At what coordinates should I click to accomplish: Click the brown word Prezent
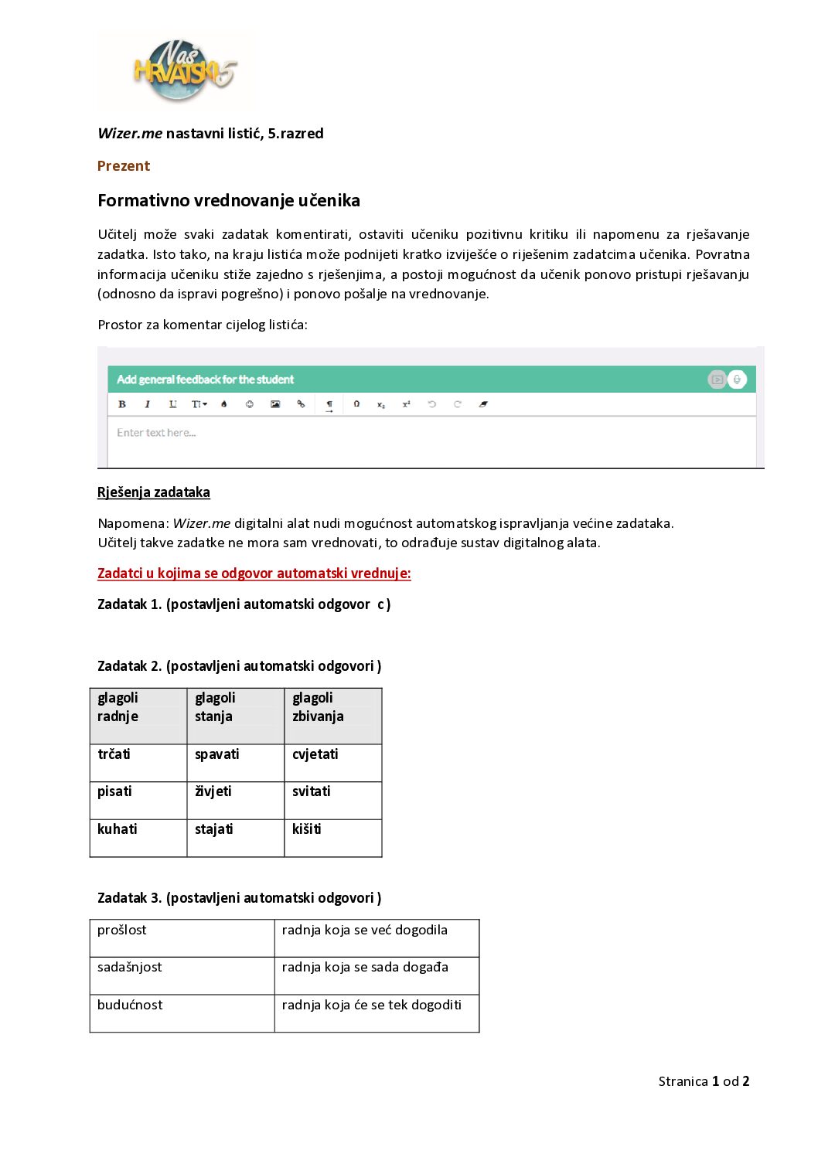[x=124, y=166]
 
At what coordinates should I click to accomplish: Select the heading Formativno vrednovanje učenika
[x=229, y=201]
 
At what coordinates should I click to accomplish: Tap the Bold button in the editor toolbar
[x=122, y=404]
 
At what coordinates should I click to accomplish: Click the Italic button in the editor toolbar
[x=148, y=404]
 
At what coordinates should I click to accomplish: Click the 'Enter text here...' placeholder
[x=156, y=433]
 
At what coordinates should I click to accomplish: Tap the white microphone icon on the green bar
[x=737, y=379]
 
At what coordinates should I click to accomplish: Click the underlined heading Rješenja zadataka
[x=154, y=492]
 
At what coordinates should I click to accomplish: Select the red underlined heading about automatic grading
[x=254, y=573]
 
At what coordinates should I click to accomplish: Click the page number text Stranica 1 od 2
[x=704, y=1081]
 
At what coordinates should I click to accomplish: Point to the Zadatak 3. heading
[x=239, y=898]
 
